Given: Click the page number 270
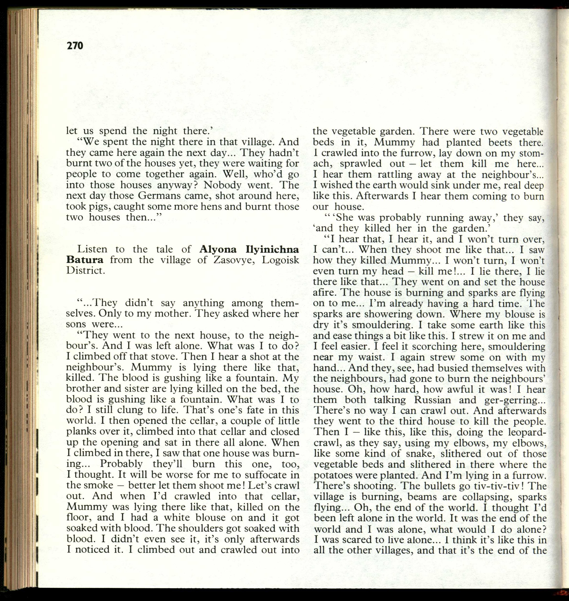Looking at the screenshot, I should click(74, 46).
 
